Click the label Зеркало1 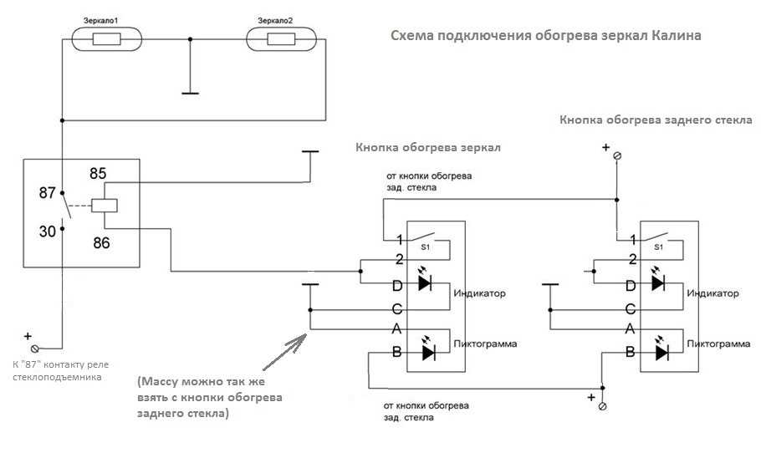(x=101, y=21)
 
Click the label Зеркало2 (x=275, y=21)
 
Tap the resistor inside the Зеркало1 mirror (x=106, y=39)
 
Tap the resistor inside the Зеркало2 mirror (x=281, y=39)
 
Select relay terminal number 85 (x=98, y=174)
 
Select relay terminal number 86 (x=101, y=242)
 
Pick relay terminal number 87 (x=47, y=192)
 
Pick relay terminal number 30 (x=48, y=232)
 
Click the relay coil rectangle (x=105, y=206)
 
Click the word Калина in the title (x=676, y=35)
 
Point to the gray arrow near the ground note (x=284, y=352)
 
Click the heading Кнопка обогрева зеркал (x=428, y=147)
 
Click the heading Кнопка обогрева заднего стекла (x=656, y=120)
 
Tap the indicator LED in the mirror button (x=425, y=282)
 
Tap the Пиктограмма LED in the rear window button (x=661, y=352)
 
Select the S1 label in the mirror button (x=425, y=247)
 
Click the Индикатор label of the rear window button (x=712, y=293)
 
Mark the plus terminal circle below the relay (x=34, y=349)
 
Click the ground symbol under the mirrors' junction (x=190, y=93)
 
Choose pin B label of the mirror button (x=396, y=351)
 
